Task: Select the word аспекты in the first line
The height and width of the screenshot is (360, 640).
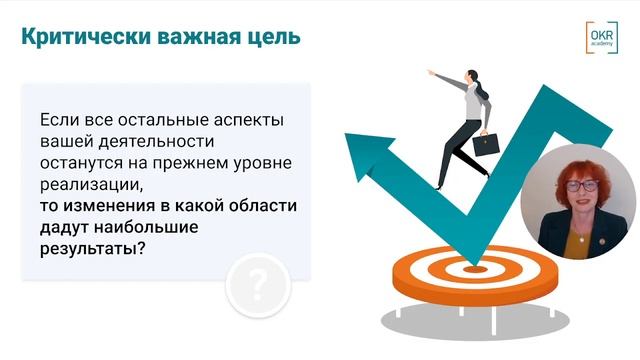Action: click(249, 119)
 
